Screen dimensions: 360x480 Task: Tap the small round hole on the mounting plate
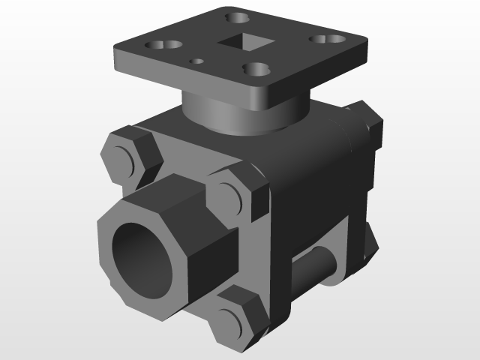pyautogui.click(x=198, y=61)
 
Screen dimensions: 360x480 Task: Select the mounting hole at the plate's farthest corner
pyautogui.click(x=238, y=15)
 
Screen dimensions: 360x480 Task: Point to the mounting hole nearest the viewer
pyautogui.click(x=257, y=70)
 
